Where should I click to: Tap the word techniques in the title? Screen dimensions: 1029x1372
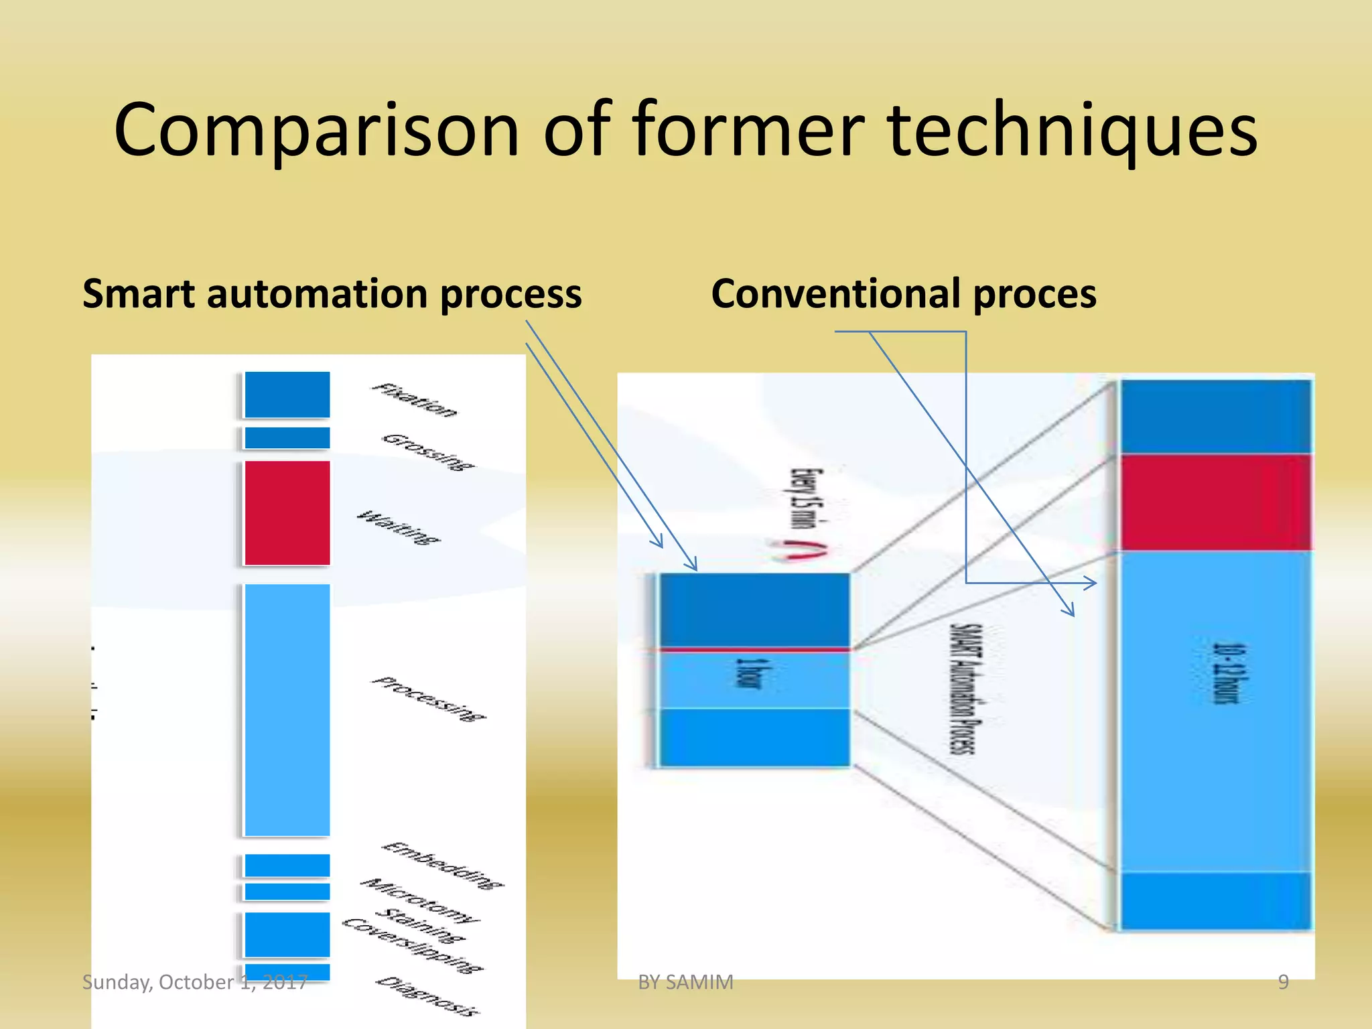coord(1072,131)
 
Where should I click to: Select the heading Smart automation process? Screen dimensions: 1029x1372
coord(332,295)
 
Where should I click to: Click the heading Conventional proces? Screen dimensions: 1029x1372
coord(903,295)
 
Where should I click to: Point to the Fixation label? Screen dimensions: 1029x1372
coord(415,400)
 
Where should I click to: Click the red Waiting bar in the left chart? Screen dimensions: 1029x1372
coord(287,512)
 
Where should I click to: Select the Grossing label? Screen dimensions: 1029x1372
coord(427,452)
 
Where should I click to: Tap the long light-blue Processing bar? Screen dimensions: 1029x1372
coord(287,710)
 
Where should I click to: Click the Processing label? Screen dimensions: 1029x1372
coord(429,699)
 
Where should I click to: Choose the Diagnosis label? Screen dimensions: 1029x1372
coord(427,997)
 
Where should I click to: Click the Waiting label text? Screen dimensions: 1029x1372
coord(399,528)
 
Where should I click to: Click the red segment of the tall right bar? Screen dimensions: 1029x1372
coord(1215,502)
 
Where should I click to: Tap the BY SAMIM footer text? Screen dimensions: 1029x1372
coord(685,982)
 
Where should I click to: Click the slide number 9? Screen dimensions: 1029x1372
coord(1283,982)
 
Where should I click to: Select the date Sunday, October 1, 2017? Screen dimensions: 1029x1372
coord(194,982)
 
